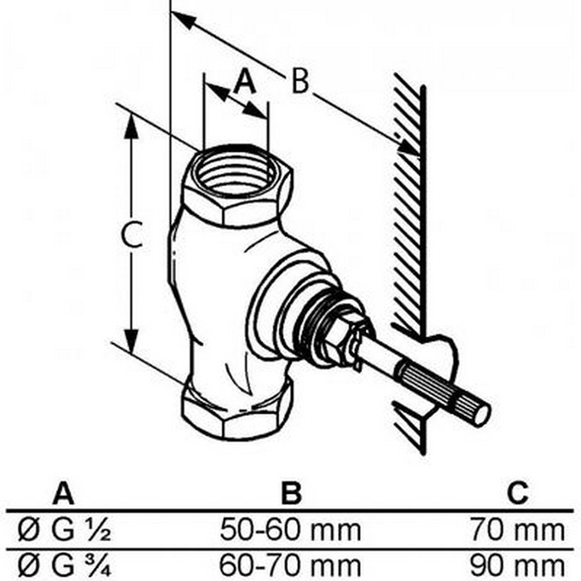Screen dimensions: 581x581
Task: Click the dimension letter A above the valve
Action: click(x=245, y=81)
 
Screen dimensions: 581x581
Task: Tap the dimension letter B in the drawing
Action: click(x=300, y=81)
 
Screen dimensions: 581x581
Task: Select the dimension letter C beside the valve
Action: click(x=132, y=234)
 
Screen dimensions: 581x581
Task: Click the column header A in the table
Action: click(x=63, y=492)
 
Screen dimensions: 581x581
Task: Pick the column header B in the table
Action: click(x=291, y=492)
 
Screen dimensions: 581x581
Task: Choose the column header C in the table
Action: click(x=517, y=492)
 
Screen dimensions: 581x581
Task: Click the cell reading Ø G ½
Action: click(x=64, y=530)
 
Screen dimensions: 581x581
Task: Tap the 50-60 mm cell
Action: click(x=290, y=530)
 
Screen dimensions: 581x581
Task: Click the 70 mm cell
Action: click(x=517, y=530)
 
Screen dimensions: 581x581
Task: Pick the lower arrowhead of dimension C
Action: click(x=131, y=339)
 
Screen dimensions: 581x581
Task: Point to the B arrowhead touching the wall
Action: click(x=407, y=146)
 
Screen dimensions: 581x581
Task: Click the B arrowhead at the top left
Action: click(x=184, y=21)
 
